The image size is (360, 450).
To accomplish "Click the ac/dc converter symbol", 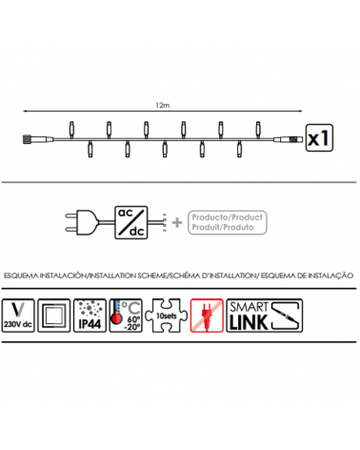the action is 131,221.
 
